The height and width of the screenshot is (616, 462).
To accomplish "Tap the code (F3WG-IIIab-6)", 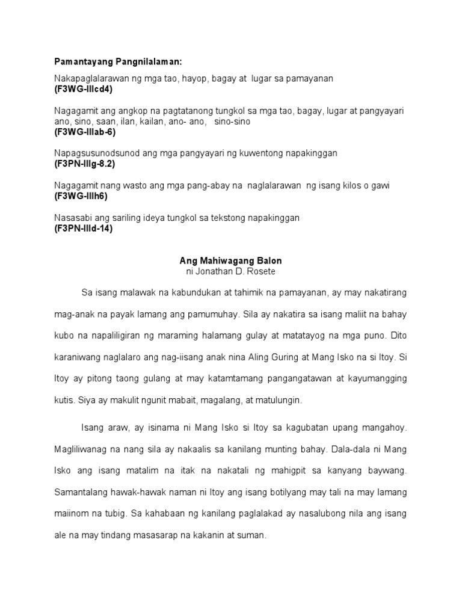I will point(85,131).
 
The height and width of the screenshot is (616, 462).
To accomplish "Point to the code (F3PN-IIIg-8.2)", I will point(85,164).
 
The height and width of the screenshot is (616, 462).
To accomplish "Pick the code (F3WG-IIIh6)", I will point(81,196).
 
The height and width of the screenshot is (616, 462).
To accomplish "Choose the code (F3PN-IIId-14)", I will point(84,228).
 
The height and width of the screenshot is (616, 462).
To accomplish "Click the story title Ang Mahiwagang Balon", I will point(231,261).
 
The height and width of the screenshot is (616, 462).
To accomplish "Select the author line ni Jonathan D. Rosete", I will point(231,271).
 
